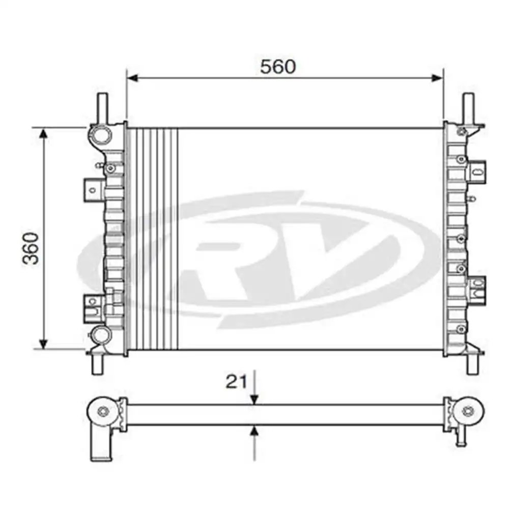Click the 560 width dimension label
[277, 67]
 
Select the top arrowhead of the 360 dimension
[44, 133]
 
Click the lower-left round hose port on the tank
[101, 334]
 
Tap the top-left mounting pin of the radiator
[102, 106]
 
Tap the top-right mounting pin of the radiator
[469, 106]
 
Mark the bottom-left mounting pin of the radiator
[97, 363]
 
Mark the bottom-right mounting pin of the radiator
[472, 363]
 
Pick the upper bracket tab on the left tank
[92, 189]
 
